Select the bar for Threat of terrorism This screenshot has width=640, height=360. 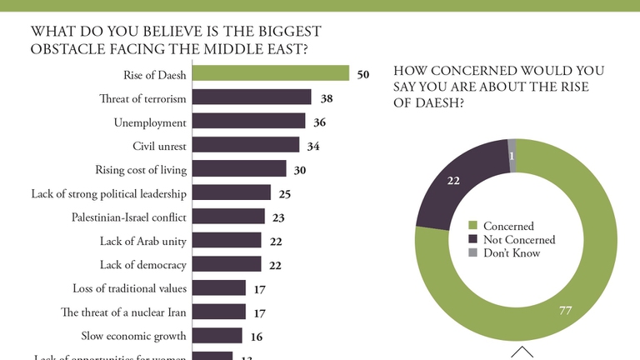click(x=252, y=98)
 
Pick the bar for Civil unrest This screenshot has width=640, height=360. click(x=245, y=146)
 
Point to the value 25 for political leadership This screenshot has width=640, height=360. click(x=283, y=193)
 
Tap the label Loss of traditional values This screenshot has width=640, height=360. click(x=130, y=288)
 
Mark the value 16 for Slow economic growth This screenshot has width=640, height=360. click(x=256, y=336)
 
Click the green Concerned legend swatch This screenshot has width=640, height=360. click(x=472, y=226)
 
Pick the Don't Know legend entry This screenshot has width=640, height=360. click(x=512, y=252)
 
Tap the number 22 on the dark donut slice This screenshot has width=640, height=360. click(x=454, y=179)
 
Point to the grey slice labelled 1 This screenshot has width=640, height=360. click(x=512, y=155)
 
